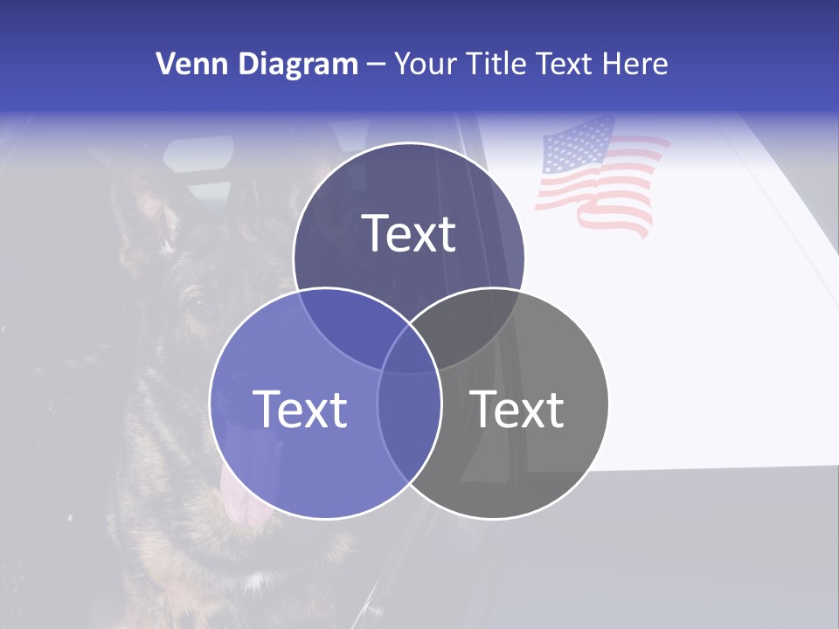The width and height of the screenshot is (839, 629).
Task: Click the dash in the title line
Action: point(377,66)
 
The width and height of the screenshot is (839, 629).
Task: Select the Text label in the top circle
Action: point(408,233)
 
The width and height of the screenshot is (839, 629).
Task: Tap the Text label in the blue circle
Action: point(300,409)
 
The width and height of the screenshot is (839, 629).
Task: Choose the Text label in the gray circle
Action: point(517,409)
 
